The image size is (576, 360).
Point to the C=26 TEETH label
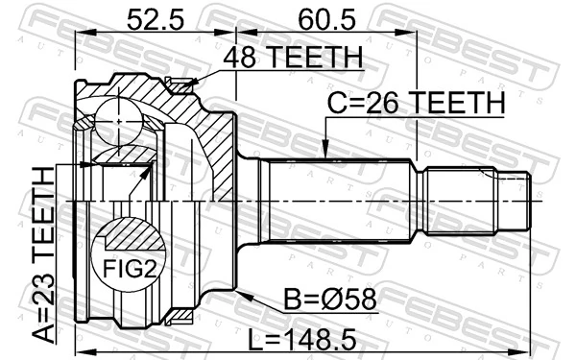[x=415, y=103]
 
